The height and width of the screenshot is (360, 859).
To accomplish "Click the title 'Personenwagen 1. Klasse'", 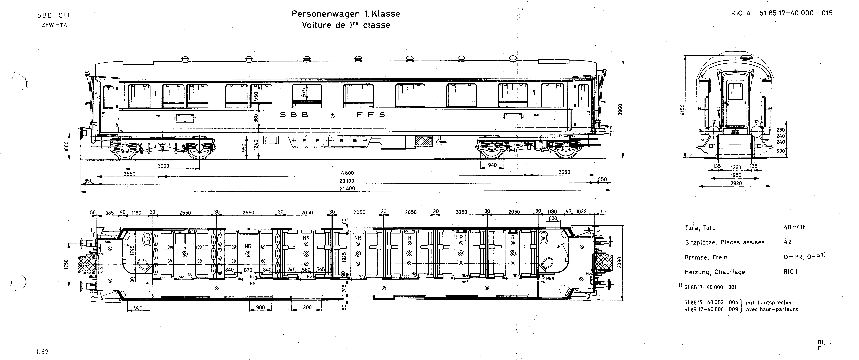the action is tap(346, 14).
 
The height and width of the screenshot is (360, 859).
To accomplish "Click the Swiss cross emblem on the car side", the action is tap(332, 115).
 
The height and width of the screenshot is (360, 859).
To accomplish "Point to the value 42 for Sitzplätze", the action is tap(788, 242).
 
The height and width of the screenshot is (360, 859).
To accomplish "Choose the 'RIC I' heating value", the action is tap(790, 272).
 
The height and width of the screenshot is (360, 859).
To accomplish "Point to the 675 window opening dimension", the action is tap(303, 92).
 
